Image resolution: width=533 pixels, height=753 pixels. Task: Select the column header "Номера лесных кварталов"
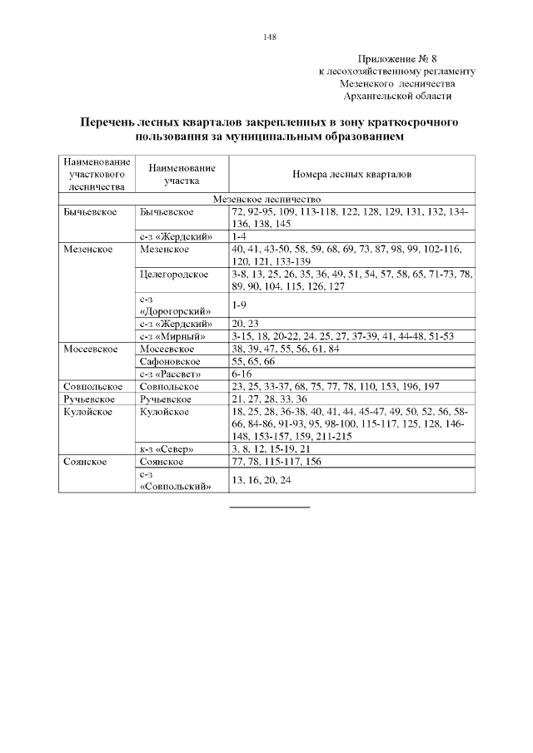click(351, 176)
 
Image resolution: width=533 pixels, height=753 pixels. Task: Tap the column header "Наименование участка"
click(182, 173)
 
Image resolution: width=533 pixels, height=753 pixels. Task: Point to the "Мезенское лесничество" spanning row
click(266, 199)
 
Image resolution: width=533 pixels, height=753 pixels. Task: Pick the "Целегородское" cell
click(175, 274)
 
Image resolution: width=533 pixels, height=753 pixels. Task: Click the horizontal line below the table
click(269, 506)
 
